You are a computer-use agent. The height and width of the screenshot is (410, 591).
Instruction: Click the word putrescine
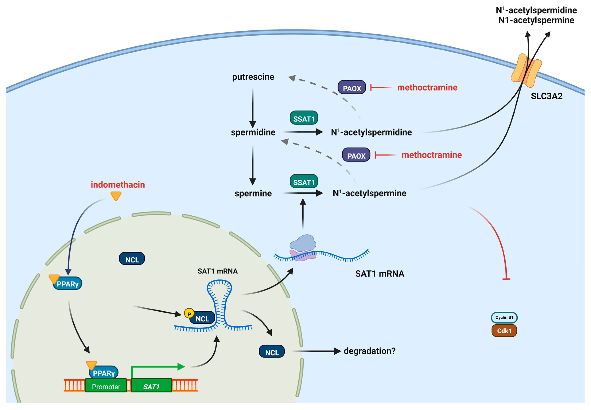point(253,77)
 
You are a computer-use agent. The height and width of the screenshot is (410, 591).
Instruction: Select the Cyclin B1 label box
point(504,317)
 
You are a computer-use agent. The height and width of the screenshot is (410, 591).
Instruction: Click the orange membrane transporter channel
point(526,70)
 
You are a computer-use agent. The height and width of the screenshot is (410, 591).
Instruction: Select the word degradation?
point(369,351)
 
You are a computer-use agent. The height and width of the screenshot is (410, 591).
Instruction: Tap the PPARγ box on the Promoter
point(104,373)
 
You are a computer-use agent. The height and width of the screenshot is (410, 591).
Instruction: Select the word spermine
point(253,193)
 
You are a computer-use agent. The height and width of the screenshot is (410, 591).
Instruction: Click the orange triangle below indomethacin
point(116,196)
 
